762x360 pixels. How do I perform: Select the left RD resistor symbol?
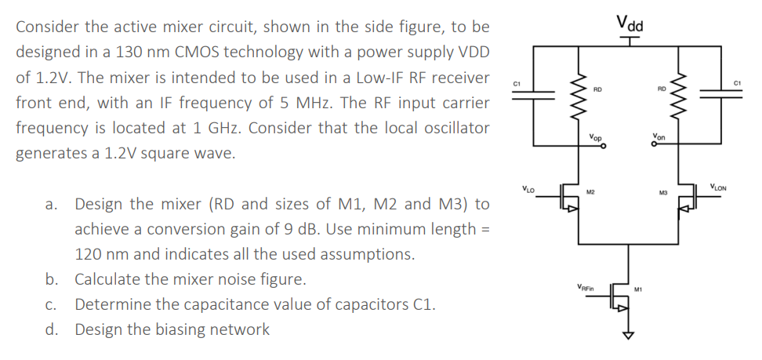click(x=580, y=93)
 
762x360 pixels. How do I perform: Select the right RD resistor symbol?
click(x=678, y=93)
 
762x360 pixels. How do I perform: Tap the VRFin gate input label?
click(x=585, y=286)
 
